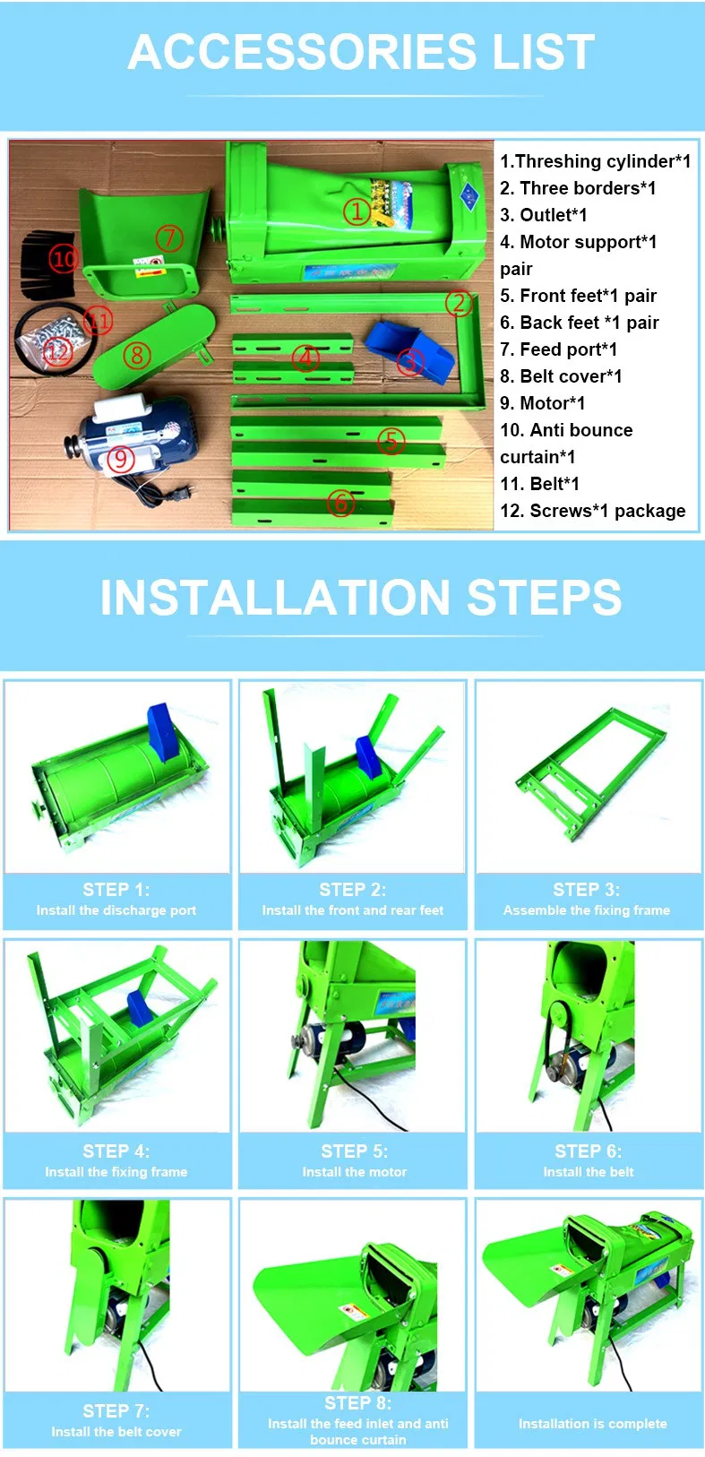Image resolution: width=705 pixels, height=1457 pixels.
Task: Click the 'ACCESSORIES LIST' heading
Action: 361,52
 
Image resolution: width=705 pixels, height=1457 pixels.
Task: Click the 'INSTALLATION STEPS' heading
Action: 361,598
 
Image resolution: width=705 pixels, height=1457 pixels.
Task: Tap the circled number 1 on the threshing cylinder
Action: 357,211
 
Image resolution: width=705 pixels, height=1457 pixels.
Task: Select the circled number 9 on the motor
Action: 121,459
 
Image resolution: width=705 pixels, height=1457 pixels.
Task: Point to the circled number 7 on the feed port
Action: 169,238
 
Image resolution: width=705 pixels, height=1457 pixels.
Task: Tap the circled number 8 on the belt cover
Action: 137,356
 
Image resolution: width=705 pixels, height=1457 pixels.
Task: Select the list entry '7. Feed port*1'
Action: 558,349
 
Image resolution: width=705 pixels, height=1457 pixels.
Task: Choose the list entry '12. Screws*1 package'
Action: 592,511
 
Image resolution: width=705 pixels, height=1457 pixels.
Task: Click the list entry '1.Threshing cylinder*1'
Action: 595,161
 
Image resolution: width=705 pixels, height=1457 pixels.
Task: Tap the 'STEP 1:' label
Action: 116,890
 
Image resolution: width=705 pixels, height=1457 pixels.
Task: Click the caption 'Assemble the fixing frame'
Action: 587,910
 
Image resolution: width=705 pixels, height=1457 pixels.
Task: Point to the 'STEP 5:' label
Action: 354,1151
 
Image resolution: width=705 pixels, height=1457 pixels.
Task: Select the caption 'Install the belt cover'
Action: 116,1432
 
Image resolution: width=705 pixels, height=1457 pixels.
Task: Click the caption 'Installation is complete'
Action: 592,1423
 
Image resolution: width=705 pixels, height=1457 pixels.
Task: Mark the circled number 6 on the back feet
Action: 340,503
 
